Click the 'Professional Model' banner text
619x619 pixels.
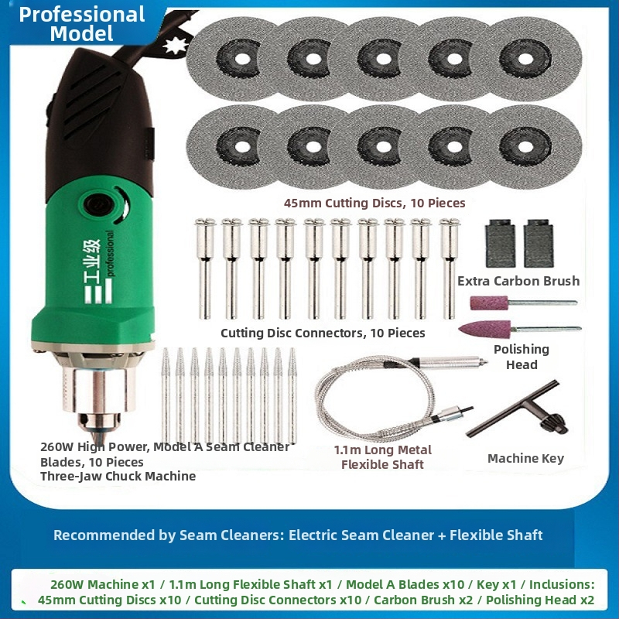coord(82,24)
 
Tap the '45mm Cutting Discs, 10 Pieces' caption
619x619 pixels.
coord(374,203)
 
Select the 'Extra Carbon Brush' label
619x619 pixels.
coord(518,281)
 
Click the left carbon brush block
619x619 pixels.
coord(500,243)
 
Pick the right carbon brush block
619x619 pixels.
coord(539,243)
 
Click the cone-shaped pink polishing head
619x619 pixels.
coord(484,329)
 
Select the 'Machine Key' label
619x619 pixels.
coord(525,458)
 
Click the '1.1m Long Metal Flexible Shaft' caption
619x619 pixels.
coord(382,457)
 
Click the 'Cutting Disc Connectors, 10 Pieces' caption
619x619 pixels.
coord(323,333)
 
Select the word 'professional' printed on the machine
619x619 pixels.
coord(110,254)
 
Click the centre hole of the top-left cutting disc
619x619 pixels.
coord(242,60)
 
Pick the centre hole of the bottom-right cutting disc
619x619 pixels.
coord(525,147)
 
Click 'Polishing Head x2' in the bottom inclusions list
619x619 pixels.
coord(539,600)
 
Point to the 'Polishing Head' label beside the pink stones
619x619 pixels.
coord(522,357)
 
